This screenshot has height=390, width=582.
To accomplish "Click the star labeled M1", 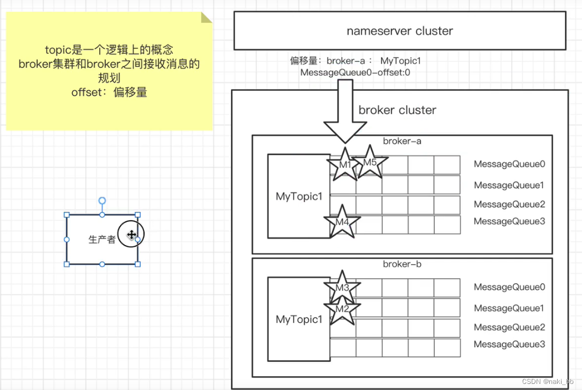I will click(x=344, y=165).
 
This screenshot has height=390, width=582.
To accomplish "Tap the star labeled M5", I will click(x=370, y=163).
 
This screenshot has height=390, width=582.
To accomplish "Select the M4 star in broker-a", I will click(x=342, y=222).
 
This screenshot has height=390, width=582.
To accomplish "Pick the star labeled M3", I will click(x=342, y=288).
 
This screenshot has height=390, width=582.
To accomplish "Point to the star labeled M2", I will click(x=342, y=309).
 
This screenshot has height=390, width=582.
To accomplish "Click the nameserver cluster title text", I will click(x=400, y=31).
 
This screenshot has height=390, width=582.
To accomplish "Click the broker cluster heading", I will click(x=397, y=110).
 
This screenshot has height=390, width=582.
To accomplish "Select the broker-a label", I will click(x=402, y=141).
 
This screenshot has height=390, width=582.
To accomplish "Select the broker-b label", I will click(x=402, y=264).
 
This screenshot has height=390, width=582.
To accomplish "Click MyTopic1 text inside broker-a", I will click(x=299, y=196).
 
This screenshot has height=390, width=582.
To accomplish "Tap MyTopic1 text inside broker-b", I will click(x=299, y=319).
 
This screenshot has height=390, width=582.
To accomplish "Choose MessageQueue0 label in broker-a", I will click(x=509, y=164).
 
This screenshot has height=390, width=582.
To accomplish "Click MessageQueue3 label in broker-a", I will click(x=509, y=221).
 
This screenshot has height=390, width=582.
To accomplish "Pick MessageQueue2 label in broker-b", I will click(x=509, y=327).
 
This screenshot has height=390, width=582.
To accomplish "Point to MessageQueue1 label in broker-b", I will click(x=509, y=308).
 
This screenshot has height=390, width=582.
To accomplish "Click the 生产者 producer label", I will click(x=102, y=240).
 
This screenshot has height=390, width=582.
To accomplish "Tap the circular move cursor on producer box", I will click(x=131, y=235).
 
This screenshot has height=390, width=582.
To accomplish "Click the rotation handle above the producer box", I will click(x=102, y=201).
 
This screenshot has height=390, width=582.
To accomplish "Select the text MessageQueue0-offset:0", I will click(x=355, y=72).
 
